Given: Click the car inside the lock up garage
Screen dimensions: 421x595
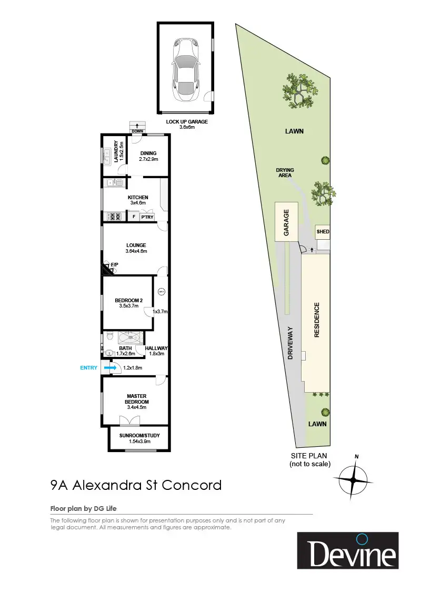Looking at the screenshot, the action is [185, 69].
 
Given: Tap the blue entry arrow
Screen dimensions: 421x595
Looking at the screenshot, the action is [111, 368].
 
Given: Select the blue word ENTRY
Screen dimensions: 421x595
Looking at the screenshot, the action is [88, 368].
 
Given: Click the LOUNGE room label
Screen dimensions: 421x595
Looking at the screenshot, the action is [136, 245].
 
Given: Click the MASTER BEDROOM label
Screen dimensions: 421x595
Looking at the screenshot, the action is [136, 399].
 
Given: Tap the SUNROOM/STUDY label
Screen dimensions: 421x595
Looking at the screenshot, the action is [139, 435].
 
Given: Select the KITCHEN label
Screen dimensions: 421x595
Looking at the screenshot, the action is [138, 198].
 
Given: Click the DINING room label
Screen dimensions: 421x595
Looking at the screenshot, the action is [148, 153].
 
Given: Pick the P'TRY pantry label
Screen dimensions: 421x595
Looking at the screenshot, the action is [147, 217].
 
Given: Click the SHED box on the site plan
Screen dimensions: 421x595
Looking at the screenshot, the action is [322, 232].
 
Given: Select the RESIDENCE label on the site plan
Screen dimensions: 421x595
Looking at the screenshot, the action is [317, 320].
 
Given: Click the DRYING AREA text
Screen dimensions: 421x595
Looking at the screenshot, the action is [285, 173].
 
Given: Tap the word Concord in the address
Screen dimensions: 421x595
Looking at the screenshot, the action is [192, 485].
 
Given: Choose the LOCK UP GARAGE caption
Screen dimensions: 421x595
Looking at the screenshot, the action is [187, 121].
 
